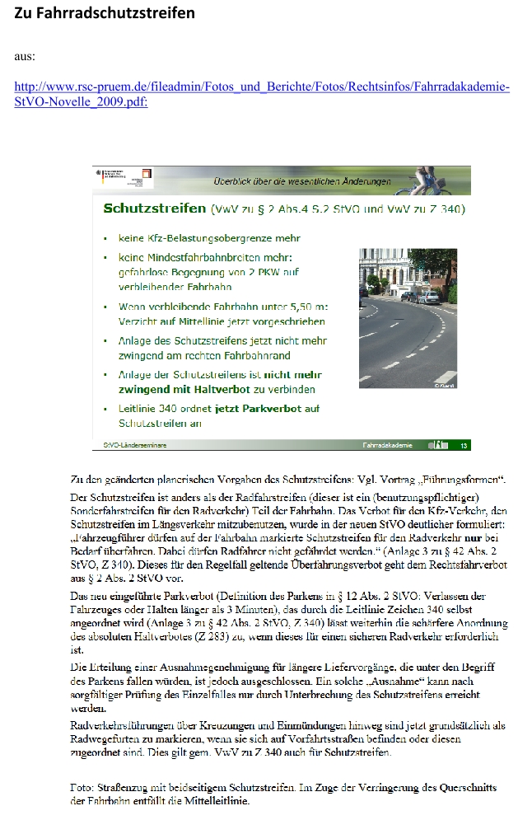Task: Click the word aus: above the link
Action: pyautogui.click(x=25, y=56)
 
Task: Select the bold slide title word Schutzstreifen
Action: pyautogui.click(x=155, y=208)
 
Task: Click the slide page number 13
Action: pyautogui.click(x=464, y=446)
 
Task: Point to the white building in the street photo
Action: pyautogui.click(x=387, y=272)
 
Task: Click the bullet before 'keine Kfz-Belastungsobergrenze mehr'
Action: pyautogui.click(x=105, y=239)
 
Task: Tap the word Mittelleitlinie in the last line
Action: pyautogui.click(x=216, y=800)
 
